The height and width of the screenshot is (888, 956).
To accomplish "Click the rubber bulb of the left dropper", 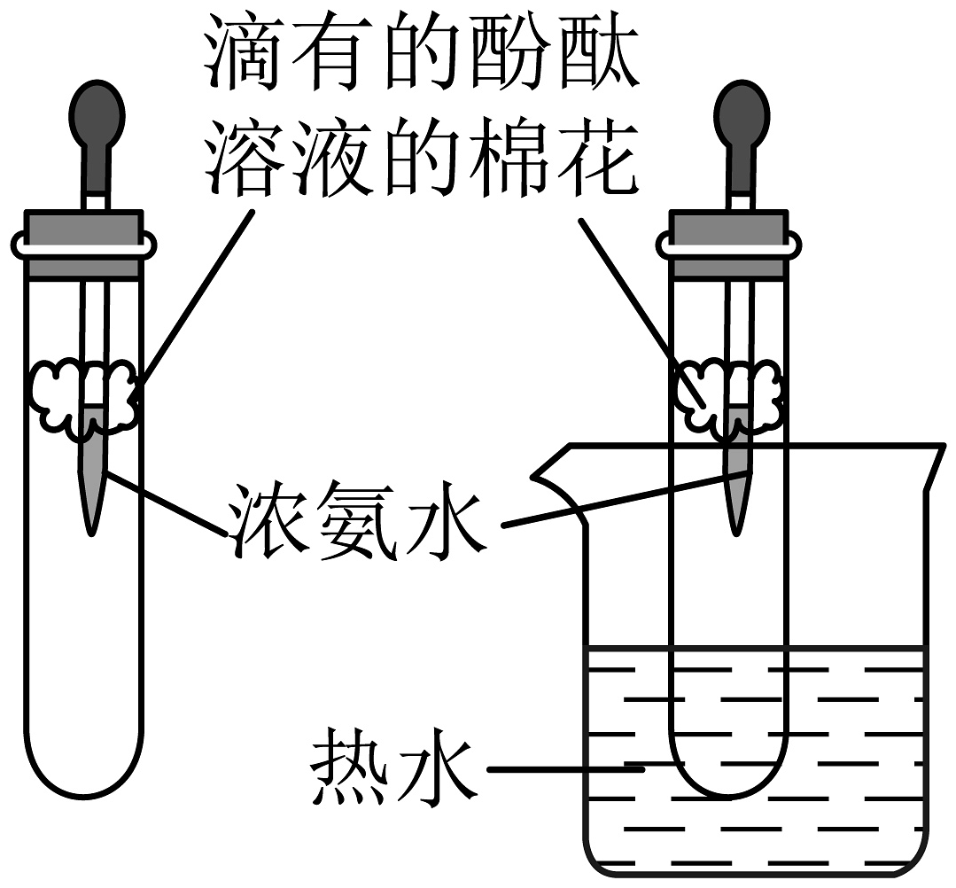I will (x=97, y=115).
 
